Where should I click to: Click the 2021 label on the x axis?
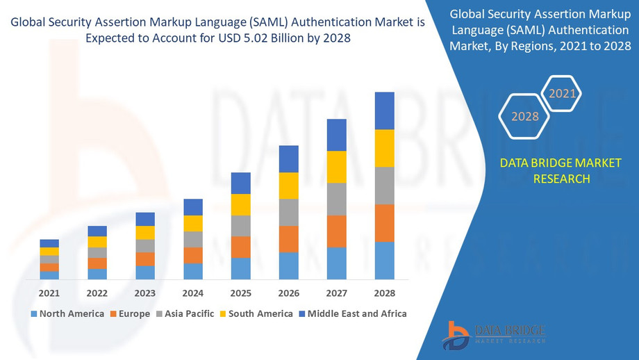49,293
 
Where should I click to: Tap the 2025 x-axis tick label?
240,293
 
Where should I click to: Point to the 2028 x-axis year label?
384,293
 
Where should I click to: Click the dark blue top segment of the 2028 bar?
384,111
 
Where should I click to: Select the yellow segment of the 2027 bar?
336,167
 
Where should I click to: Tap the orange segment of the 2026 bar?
288,239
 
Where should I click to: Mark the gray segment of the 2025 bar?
240,226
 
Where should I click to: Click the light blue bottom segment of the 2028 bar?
384,261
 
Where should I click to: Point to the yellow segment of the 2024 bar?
193,223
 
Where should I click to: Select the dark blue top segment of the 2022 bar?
97,231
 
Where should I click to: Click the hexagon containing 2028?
525,116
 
